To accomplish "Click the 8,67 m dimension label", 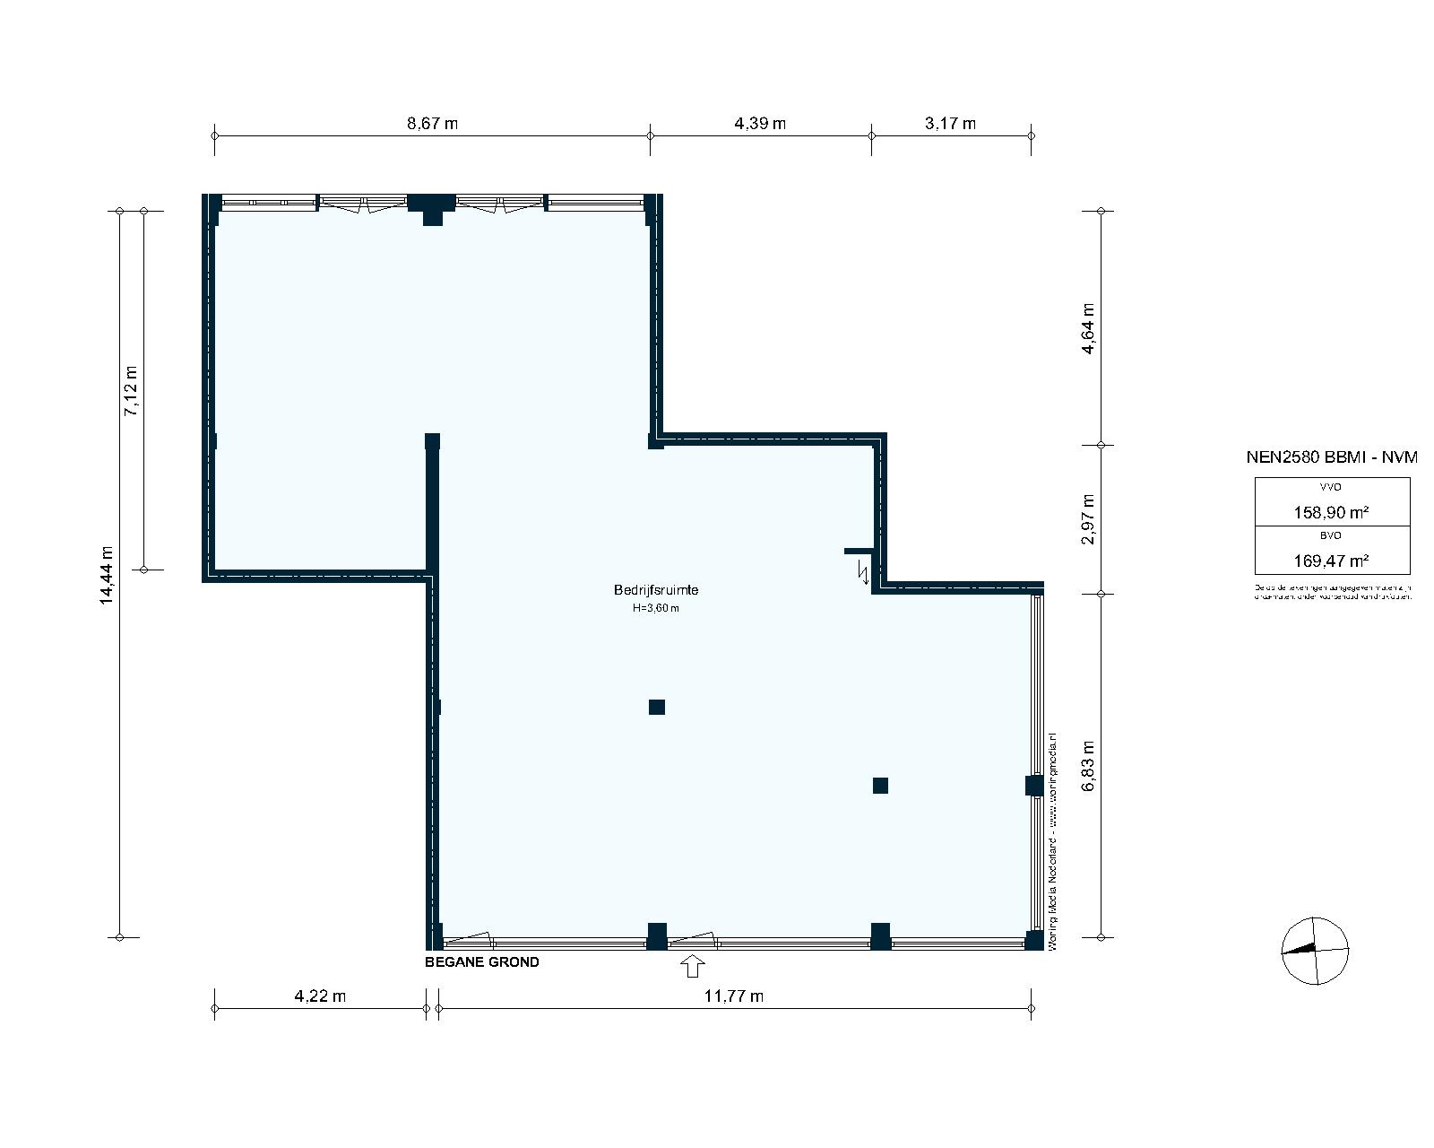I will click(x=432, y=123).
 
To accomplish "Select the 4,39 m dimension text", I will click(x=760, y=123).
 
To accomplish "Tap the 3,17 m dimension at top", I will click(x=950, y=123).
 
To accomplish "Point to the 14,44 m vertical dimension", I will click(x=107, y=575).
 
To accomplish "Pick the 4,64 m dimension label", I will click(x=1088, y=328).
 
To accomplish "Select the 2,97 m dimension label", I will click(x=1088, y=519).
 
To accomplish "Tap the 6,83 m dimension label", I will click(x=1088, y=765).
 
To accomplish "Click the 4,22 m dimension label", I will click(x=320, y=996).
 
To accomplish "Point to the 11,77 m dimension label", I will click(x=734, y=996).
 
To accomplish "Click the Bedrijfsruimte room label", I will click(x=655, y=590).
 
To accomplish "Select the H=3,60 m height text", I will click(x=655, y=608).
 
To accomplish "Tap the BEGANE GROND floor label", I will click(x=482, y=962).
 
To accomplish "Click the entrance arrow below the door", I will click(x=693, y=966).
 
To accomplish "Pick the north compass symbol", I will click(x=1315, y=950).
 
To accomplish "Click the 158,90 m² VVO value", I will click(x=1331, y=513).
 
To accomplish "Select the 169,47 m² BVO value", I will click(x=1331, y=561).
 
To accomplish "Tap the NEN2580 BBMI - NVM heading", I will click(x=1332, y=457).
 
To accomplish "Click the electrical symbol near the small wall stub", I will click(x=864, y=571).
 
